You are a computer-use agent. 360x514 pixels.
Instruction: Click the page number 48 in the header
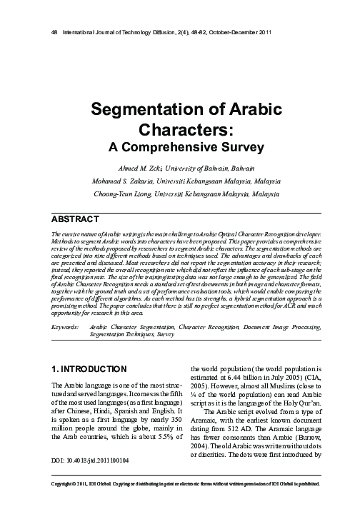coord(47,34)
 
